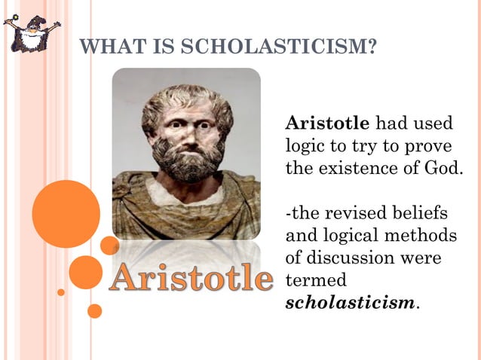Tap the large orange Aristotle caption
point(190,279)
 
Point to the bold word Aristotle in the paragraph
point(327,123)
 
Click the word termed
point(316,280)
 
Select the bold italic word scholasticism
point(350,303)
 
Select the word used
point(436,123)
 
